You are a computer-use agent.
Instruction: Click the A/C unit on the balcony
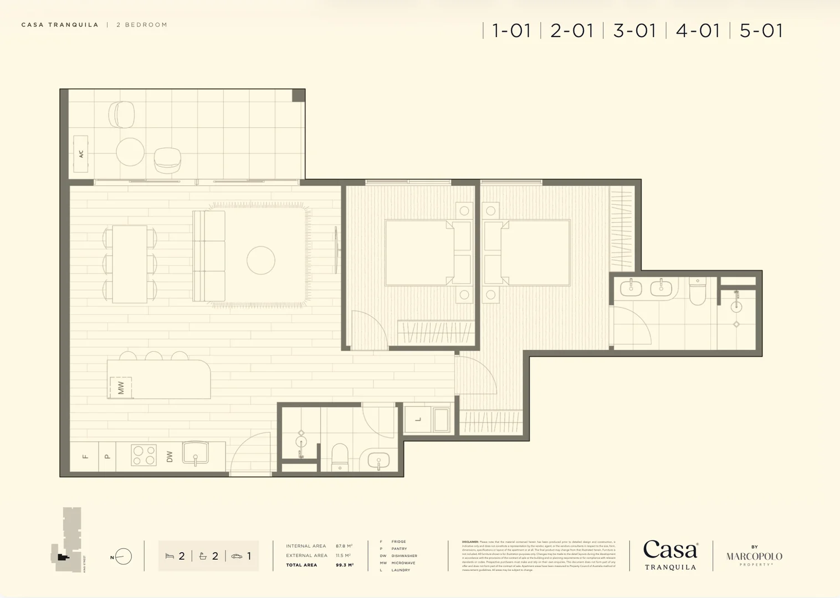click(81, 154)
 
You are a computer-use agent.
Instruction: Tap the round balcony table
click(130, 152)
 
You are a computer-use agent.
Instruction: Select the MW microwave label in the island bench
click(121, 387)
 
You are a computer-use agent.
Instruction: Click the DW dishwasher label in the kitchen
click(170, 456)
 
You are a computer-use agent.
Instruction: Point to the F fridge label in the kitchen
click(85, 457)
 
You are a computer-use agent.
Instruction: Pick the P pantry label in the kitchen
click(107, 457)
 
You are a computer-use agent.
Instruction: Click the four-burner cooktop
click(144, 455)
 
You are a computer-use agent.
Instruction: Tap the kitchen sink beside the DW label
click(195, 452)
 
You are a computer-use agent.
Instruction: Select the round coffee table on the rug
click(261, 260)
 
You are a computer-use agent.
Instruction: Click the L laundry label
click(418, 419)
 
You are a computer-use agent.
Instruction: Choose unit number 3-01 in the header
click(634, 30)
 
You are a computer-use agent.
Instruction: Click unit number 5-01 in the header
click(761, 30)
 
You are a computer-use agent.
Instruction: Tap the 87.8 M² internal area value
click(344, 546)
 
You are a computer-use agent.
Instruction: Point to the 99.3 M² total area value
click(344, 565)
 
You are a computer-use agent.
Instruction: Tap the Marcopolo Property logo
click(754, 556)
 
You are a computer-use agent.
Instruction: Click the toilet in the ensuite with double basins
click(697, 291)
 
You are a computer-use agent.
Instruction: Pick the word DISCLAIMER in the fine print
click(470, 542)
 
